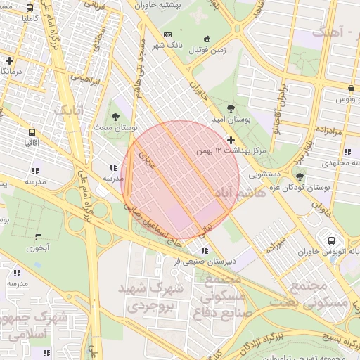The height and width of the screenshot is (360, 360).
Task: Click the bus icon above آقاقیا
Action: click(32, 131)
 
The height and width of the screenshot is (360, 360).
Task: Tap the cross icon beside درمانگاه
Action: click(9, 61)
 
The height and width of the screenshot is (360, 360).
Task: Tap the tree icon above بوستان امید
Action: click(231, 108)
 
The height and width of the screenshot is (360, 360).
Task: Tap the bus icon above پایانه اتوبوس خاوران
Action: click(330, 238)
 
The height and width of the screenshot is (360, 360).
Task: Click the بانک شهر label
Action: click(167, 46)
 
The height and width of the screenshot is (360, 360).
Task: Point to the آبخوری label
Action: click(38, 247)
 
